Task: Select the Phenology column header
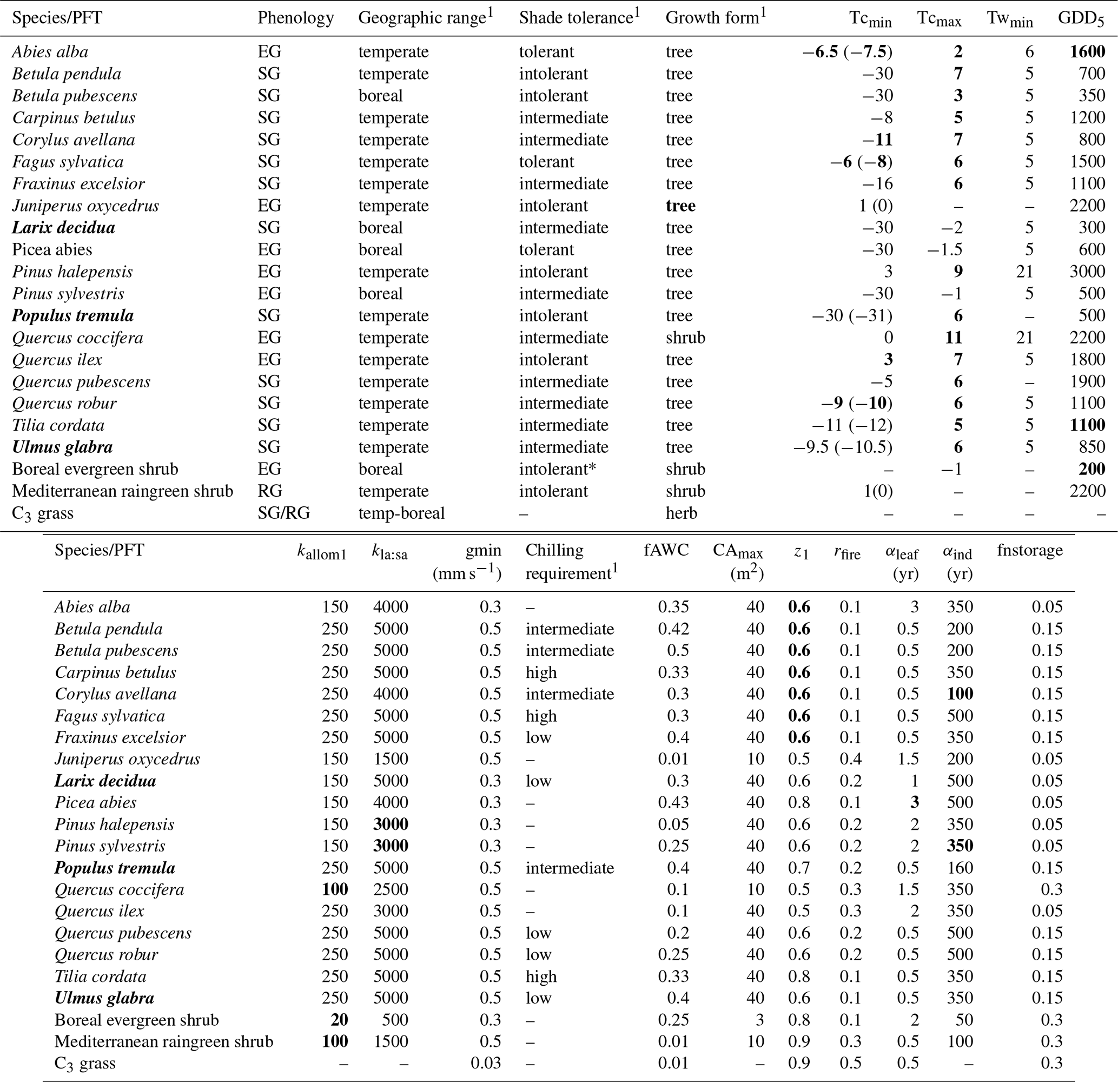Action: [295, 18]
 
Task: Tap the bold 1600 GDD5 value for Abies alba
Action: [1087, 51]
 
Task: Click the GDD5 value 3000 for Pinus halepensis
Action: [1087, 272]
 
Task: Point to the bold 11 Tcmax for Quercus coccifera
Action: [953, 337]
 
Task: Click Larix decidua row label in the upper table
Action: [63, 228]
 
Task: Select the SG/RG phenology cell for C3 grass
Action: [283, 513]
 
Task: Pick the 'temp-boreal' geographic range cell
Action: [401, 513]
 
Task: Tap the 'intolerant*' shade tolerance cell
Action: [557, 469]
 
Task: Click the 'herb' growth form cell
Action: [681, 513]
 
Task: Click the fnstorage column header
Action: [1030, 550]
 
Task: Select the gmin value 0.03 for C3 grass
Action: [485, 1063]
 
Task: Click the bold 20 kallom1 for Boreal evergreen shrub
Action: [339, 1020]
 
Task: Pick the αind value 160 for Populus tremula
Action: [960, 868]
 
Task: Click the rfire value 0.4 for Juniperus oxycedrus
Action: [850, 759]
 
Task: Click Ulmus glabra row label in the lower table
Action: [104, 998]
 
